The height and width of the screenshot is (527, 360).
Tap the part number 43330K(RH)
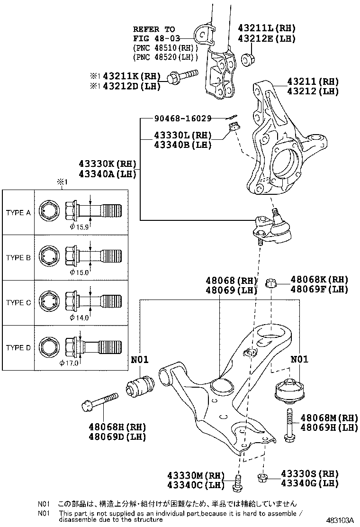pos(108,164)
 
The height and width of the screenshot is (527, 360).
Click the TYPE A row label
pos(18,213)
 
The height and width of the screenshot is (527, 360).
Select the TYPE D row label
pos(18,348)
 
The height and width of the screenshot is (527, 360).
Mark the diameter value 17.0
pos(71,363)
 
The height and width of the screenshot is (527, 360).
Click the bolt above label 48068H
pos(99,400)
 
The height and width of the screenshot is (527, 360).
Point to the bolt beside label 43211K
pos(182,76)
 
